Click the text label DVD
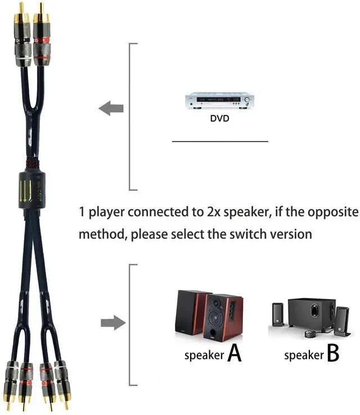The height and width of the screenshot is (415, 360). [220, 119]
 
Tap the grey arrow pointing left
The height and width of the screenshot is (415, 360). [111, 108]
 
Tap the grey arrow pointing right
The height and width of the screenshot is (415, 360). [112, 323]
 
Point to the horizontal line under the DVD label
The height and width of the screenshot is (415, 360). [220, 141]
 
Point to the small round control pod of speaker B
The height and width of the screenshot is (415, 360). [308, 334]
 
